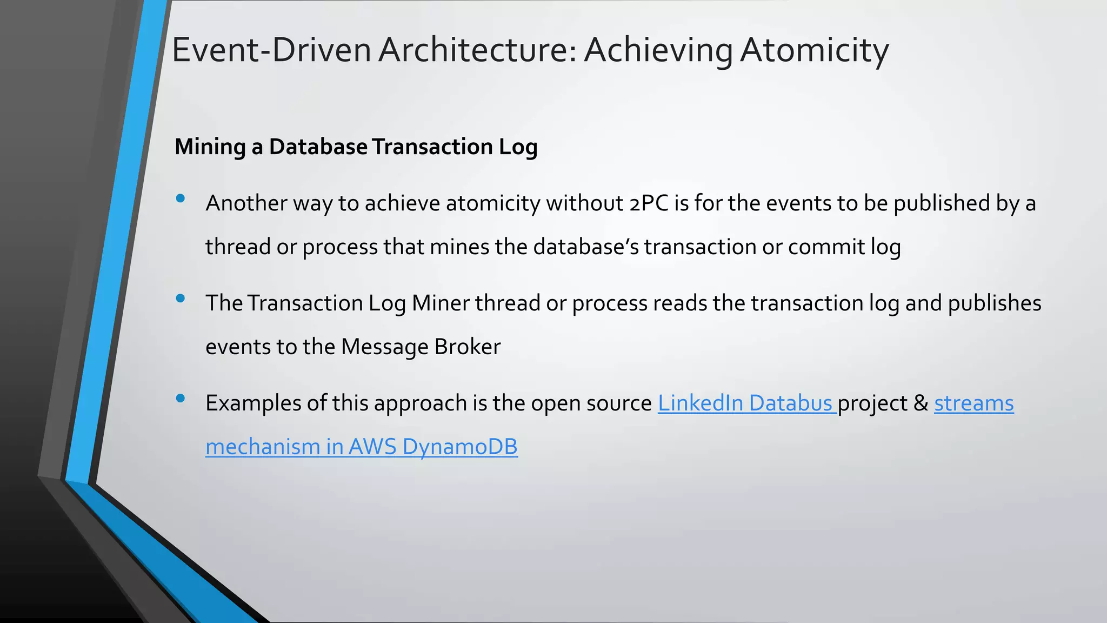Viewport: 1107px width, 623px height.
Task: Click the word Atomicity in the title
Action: (x=814, y=50)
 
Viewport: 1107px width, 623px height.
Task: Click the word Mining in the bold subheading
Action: (x=210, y=147)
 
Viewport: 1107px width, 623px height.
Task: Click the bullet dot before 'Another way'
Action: (x=181, y=198)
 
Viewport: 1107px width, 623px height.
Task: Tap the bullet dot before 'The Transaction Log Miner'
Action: (x=181, y=299)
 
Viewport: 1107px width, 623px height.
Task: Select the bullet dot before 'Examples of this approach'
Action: (x=181, y=399)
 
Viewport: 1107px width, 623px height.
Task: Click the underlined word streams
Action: (x=973, y=403)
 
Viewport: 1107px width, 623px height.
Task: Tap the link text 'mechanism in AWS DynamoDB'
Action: (x=361, y=447)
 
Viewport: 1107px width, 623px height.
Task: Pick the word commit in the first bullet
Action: (x=826, y=247)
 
